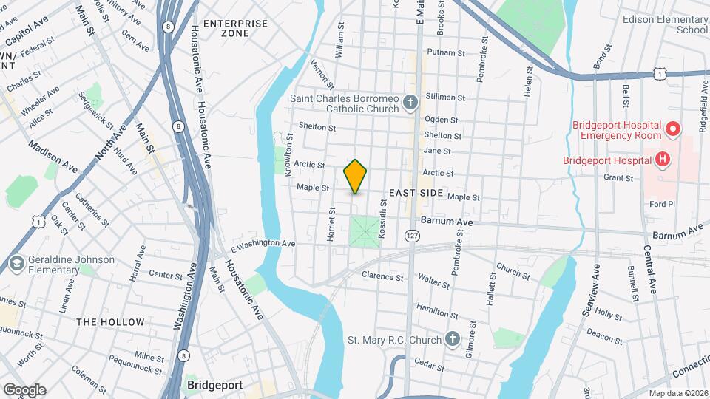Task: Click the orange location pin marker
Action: coord(356,176)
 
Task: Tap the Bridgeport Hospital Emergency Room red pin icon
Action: coord(673,130)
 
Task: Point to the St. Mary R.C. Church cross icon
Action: coord(453,340)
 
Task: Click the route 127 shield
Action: coord(412,235)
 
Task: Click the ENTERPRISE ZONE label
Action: coord(235,29)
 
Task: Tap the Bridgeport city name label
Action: coord(215,386)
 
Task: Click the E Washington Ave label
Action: coord(263,243)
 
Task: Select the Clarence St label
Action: coord(382,277)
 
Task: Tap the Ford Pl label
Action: coord(657,204)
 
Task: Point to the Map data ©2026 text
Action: coord(677,393)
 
